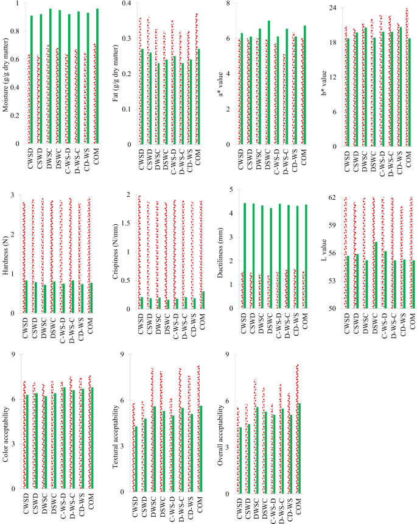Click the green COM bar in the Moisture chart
(x=97, y=76)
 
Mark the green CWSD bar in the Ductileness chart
(x=245, y=255)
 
